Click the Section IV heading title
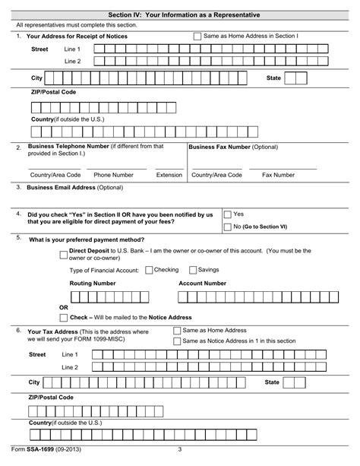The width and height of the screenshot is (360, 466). click(x=179, y=15)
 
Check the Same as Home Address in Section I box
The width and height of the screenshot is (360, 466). click(x=198, y=36)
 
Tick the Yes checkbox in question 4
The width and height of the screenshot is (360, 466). click(x=227, y=215)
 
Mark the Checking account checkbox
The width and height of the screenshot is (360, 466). click(x=148, y=270)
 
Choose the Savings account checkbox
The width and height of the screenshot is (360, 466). click(x=192, y=270)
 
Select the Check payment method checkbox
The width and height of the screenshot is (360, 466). click(x=63, y=317)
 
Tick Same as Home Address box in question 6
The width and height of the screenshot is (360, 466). click(x=178, y=331)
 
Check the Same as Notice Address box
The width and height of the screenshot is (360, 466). click(x=178, y=341)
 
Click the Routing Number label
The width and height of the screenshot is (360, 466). click(x=93, y=283)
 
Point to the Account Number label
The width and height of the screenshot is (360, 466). click(x=202, y=283)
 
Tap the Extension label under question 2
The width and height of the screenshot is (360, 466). click(x=169, y=175)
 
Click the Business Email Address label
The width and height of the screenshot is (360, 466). click(x=74, y=187)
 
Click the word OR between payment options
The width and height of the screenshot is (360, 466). click(x=64, y=308)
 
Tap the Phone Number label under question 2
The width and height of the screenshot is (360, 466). click(x=113, y=175)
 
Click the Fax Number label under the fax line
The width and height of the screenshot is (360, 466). click(x=278, y=175)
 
